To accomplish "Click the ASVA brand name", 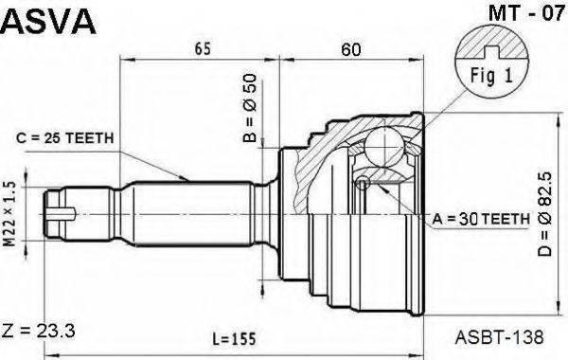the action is click(x=48, y=22).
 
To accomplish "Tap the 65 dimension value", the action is click(x=203, y=48).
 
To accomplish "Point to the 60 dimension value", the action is click(x=351, y=49).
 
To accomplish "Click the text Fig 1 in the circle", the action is click(x=491, y=76).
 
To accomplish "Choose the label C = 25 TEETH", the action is click(x=64, y=137).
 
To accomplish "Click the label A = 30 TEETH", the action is click(x=481, y=219).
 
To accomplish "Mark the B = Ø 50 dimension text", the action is click(x=250, y=108).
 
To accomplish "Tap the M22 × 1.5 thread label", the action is click(x=10, y=214).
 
